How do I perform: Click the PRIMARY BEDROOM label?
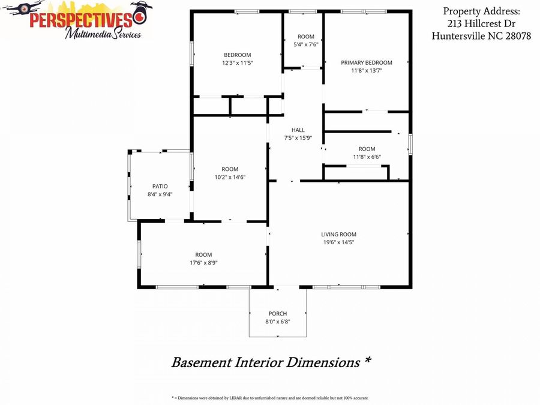click(x=367, y=62)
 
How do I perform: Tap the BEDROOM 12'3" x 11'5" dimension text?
click(x=238, y=63)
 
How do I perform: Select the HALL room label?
click(x=298, y=130)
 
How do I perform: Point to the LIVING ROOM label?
click(x=338, y=234)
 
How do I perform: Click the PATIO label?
click(x=160, y=187)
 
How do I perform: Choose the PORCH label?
click(x=278, y=313)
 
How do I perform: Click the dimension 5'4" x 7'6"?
click(x=306, y=44)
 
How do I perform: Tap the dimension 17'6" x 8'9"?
click(x=203, y=263)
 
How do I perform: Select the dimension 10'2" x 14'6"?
click(x=230, y=178)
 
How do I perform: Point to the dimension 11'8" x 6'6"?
click(x=367, y=157)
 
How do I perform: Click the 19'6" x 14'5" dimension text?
click(x=338, y=242)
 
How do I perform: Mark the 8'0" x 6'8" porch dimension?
click(x=278, y=322)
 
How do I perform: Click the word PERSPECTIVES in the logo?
click(x=81, y=20)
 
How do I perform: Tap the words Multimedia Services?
click(x=103, y=34)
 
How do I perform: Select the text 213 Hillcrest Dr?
click(x=481, y=23)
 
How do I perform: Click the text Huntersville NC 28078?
click(x=481, y=36)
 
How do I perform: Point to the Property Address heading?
click(x=481, y=11)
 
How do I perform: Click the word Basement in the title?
click(x=202, y=362)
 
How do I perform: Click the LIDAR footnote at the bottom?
click(x=269, y=398)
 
